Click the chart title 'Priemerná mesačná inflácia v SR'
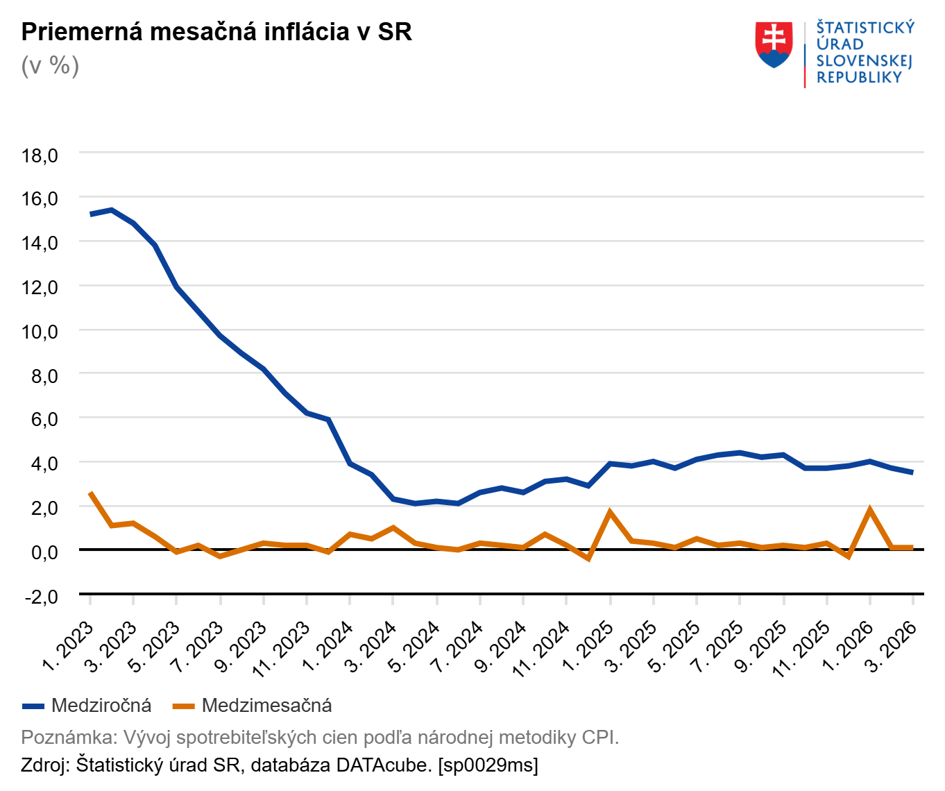tap(216, 32)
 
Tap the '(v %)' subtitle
tap(50, 66)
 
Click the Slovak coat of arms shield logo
tap(774, 44)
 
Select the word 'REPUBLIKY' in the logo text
tap(859, 78)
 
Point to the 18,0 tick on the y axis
tap(40, 155)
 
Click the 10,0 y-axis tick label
tap(40, 332)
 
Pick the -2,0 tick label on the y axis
tap(40, 596)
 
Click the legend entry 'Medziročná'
tap(101, 706)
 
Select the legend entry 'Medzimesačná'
tap(266, 706)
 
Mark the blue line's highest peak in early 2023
tap(112, 210)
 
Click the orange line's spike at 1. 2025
tap(610, 512)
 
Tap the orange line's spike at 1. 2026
tap(869, 509)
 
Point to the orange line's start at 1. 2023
tap(91, 493)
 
